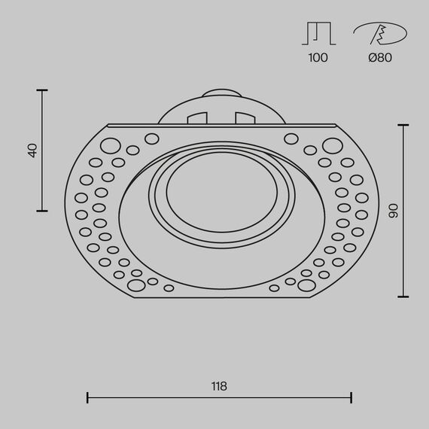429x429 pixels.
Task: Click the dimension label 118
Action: click(219, 386)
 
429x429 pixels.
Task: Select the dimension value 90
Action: click(392, 211)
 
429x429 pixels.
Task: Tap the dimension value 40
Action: click(32, 151)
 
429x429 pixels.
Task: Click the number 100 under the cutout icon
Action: click(318, 57)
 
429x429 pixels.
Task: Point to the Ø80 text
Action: click(380, 57)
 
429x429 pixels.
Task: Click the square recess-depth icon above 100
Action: click(318, 34)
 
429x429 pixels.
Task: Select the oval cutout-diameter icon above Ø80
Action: click(380, 34)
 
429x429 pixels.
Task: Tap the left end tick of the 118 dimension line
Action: click(88, 397)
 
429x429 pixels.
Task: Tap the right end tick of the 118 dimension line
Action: click(352, 397)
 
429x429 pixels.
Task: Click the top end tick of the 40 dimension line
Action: click(42, 90)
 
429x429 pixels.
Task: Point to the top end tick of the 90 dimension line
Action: click(404, 125)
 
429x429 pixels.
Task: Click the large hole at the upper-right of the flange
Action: click(329, 145)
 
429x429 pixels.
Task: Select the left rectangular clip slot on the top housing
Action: click(196, 119)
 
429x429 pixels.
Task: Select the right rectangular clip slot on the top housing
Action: click(245, 119)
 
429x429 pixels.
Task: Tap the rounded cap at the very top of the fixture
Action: click(221, 96)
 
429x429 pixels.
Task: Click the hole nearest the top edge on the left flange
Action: click(152, 138)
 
